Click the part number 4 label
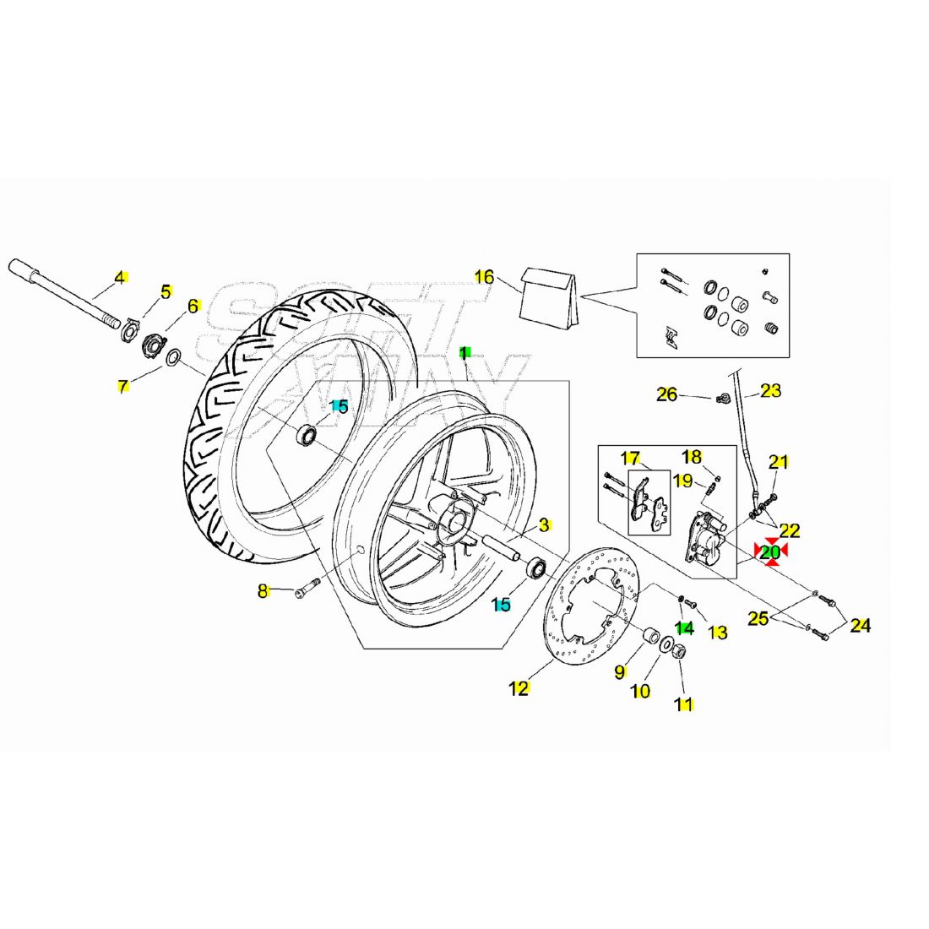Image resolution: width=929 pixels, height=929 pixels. (120, 277)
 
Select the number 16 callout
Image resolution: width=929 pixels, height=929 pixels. (484, 276)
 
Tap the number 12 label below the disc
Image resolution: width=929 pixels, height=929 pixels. (519, 688)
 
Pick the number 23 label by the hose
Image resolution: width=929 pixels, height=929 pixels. (770, 390)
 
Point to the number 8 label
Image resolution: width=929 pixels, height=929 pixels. (263, 591)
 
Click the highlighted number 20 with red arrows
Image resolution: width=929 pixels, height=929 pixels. (770, 551)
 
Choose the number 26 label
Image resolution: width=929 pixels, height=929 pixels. (667, 394)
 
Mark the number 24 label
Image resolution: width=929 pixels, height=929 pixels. (860, 626)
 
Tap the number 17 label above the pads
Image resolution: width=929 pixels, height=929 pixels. (630, 459)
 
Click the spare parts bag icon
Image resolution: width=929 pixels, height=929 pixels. (550, 296)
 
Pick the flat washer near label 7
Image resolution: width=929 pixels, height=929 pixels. (173, 358)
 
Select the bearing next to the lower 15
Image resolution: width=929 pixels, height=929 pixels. (535, 568)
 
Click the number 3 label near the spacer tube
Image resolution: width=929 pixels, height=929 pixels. (545, 524)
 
